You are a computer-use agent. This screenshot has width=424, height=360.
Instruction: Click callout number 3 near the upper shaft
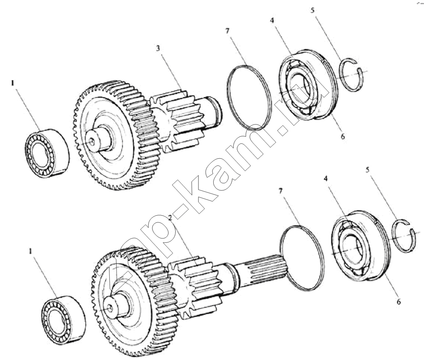pos(158,49)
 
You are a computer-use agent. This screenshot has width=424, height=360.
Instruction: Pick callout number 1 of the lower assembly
pos(31,251)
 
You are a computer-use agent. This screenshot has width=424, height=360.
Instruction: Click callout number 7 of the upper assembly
pos(227,31)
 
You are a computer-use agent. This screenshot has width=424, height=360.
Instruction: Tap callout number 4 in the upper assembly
pos(272,21)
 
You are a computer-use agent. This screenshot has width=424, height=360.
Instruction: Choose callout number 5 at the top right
pos(313,11)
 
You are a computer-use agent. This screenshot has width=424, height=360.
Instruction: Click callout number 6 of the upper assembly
pos(343,137)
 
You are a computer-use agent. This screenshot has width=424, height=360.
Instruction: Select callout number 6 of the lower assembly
pos(399,301)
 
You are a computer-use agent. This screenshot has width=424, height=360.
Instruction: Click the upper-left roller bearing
pos(47,153)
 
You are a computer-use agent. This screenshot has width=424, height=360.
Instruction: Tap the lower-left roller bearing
pos(64,321)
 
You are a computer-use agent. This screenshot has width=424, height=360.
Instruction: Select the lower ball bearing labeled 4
pos(361,245)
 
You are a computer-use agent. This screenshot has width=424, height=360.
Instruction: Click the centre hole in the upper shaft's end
pos(92,141)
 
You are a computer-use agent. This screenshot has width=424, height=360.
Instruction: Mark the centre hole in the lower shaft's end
pos(110,307)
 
